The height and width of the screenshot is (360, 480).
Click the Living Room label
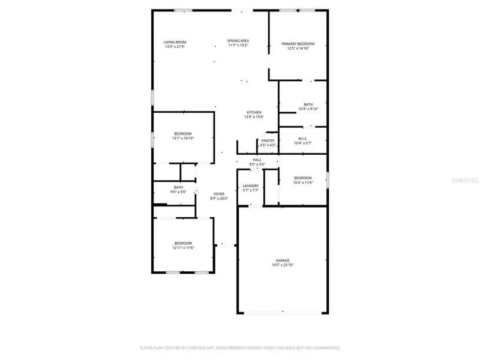[x=175, y=42]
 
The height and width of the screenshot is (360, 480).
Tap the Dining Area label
[x=238, y=41]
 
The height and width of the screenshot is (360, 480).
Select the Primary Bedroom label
[x=298, y=44]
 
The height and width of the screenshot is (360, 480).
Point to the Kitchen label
[x=254, y=113]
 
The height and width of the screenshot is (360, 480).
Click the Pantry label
[x=268, y=140]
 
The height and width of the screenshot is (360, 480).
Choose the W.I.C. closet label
[x=303, y=139]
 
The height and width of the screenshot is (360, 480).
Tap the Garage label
[x=283, y=260]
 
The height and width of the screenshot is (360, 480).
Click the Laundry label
[x=251, y=186]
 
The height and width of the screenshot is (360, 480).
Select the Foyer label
[x=219, y=194]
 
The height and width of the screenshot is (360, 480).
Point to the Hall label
[x=257, y=160]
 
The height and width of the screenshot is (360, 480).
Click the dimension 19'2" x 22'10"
[x=283, y=265]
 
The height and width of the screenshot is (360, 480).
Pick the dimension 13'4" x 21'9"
[x=175, y=47]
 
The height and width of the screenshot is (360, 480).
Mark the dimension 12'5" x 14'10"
[x=298, y=49]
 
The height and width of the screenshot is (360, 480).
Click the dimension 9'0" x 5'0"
[x=179, y=192]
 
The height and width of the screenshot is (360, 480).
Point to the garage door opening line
[x=283, y=313]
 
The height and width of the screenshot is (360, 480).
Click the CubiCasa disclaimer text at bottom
[x=240, y=347]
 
